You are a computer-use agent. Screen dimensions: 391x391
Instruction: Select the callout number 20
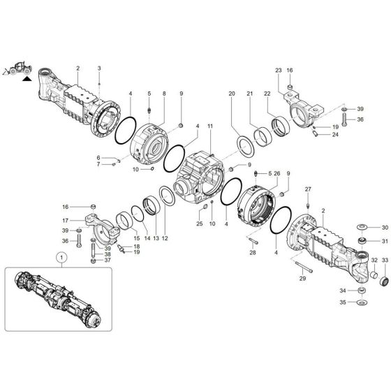232,94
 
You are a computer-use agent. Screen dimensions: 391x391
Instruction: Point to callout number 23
278,71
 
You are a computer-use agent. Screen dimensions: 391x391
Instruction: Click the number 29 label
303,258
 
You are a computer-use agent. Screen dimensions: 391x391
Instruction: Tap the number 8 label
163,94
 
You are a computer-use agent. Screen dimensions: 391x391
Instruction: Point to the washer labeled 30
362,228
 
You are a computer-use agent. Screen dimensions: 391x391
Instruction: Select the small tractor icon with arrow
20,70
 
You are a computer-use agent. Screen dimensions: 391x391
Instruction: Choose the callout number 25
199,223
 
